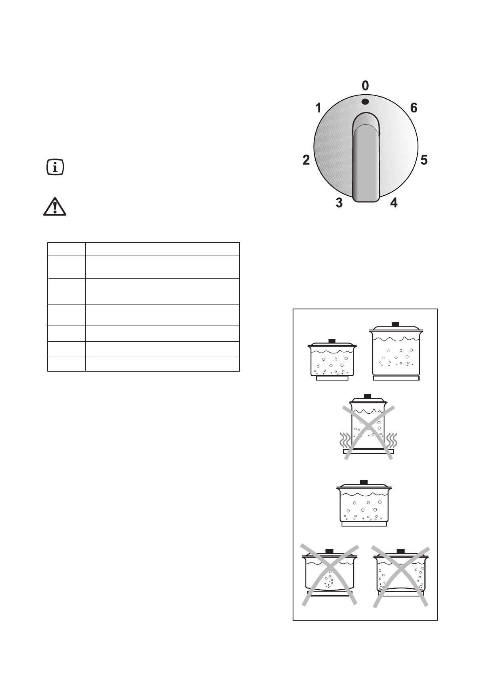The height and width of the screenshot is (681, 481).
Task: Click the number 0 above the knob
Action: [365, 86]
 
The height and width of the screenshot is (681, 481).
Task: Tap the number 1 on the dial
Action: [319, 108]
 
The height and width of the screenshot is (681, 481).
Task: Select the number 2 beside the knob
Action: [306, 160]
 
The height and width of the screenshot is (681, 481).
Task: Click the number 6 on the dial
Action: [413, 108]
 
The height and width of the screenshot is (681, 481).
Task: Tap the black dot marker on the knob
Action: [365, 102]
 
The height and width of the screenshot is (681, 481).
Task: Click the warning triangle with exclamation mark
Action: [55, 207]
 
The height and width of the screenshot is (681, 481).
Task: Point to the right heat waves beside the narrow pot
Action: [391, 440]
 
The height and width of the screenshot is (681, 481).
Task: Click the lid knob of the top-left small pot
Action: [332, 341]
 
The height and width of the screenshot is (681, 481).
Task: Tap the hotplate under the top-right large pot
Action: [396, 379]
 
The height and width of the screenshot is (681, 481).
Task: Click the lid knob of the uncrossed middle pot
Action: [364, 482]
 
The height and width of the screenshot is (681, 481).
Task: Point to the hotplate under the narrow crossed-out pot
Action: [368, 451]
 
